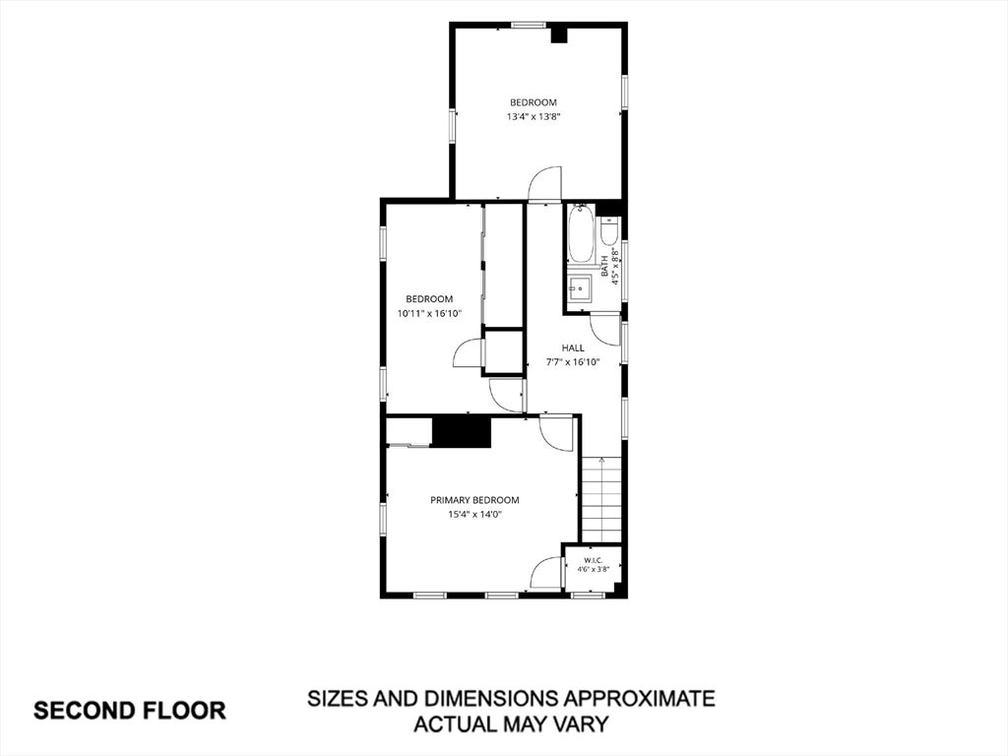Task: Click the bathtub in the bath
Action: click(581, 235)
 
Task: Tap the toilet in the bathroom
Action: click(609, 231)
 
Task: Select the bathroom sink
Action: click(581, 288)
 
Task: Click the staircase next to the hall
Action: click(601, 499)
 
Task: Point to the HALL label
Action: click(573, 347)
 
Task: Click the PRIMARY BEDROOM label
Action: click(474, 500)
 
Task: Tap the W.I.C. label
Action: click(593, 559)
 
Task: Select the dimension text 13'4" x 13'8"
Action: click(533, 117)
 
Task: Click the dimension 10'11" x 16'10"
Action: click(429, 314)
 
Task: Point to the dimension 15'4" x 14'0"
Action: click(474, 514)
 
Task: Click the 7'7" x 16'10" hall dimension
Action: click(573, 362)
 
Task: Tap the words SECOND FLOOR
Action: click(129, 711)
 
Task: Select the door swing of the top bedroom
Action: click(544, 183)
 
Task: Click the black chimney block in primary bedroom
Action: click(462, 432)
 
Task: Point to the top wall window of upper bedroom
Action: click(529, 26)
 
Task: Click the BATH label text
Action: click(604, 266)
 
